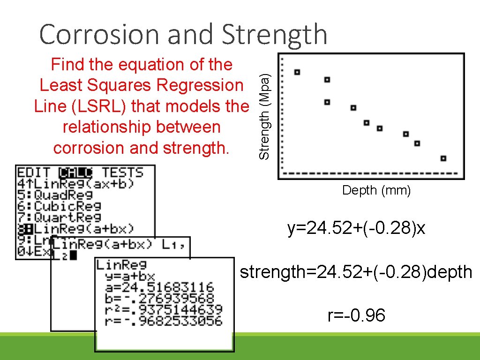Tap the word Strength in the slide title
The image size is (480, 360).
click(274, 35)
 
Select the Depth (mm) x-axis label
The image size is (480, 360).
click(376, 190)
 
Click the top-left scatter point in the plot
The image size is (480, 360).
click(297, 72)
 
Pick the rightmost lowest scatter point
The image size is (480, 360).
click(443, 158)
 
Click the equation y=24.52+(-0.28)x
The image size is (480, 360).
click(356, 229)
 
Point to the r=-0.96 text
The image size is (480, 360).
click(356, 316)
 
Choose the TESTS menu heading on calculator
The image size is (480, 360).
click(122, 172)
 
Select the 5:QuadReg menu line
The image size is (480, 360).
click(55, 195)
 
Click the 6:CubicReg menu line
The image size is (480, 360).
click(60, 206)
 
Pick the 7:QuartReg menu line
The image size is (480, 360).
click(60, 217)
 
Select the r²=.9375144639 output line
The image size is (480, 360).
click(159, 309)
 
